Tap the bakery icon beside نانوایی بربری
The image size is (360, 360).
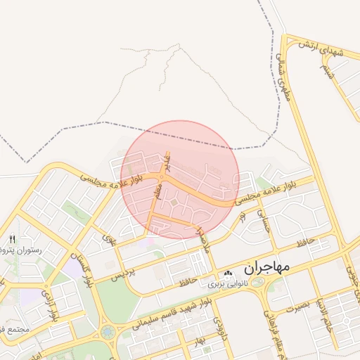click(x=227, y=274)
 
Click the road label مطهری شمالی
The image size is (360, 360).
click(x=285, y=82)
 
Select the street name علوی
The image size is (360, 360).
click(x=109, y=239)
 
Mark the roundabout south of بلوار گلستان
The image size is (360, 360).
click(x=108, y=331)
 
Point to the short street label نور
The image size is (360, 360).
click(x=243, y=219)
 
